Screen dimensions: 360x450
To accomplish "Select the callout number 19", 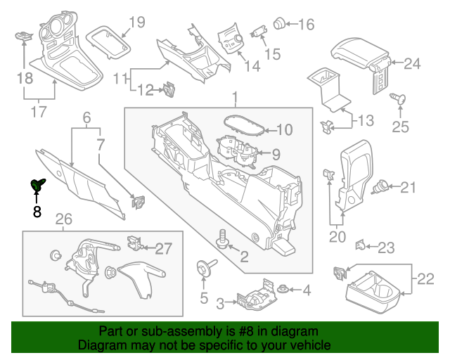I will [136, 22].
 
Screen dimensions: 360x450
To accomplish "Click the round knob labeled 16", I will [279, 23].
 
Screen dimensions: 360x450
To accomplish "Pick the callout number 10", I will [284, 129].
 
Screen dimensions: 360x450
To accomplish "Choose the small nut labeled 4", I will [283, 288].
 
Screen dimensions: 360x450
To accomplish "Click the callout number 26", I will [64, 221].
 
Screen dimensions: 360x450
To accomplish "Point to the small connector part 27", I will [133, 243].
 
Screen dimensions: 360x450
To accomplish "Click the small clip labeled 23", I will [359, 245].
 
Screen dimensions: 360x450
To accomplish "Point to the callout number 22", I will [425, 280].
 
